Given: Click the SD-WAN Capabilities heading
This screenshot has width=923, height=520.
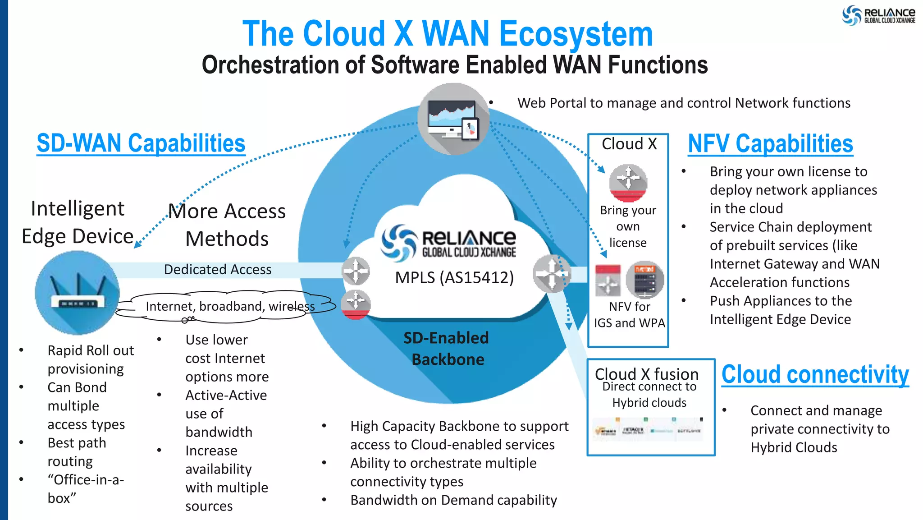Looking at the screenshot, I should coord(141,143).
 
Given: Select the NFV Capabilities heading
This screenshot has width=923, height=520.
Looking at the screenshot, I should coord(770,144).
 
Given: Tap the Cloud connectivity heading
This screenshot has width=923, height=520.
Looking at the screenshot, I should coord(815,374).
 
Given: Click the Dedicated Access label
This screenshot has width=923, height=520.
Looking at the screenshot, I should coord(218,270).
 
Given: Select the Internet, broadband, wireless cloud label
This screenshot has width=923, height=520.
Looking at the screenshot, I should coord(230,307).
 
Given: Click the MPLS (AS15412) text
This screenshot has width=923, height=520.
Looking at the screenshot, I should coord(454,277).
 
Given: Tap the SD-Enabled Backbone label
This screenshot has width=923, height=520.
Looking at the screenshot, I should coord(447,349).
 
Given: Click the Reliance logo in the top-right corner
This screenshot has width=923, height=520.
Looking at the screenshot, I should coord(879,15).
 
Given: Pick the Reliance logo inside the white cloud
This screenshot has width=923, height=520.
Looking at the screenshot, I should coord(449,243).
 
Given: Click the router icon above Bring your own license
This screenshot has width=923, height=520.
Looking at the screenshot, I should coord(628,183).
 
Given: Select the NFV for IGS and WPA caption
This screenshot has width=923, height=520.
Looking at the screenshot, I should coord(629,315).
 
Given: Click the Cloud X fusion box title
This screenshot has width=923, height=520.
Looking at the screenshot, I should coord(646,374).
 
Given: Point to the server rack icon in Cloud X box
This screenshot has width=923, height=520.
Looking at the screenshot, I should coord(645,280).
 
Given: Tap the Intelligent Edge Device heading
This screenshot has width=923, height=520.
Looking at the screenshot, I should coord(78,222).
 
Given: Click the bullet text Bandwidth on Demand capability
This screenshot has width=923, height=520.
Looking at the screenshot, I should coord(453,500).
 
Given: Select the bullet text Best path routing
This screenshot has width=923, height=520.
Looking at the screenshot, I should coord(77,452).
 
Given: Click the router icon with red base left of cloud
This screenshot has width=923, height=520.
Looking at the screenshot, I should coord(356,305).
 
